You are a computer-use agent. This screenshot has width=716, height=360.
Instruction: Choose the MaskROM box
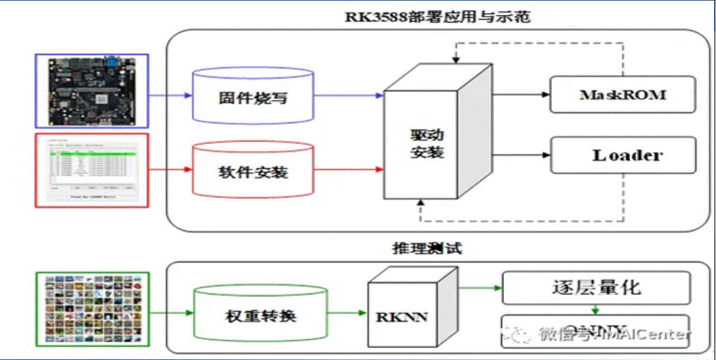(x=622, y=95)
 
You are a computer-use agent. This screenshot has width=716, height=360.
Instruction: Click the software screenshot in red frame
(x=92, y=169)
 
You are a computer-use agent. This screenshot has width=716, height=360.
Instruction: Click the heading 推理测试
(x=427, y=248)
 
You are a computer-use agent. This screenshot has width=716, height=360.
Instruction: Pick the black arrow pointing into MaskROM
(x=521, y=95)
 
